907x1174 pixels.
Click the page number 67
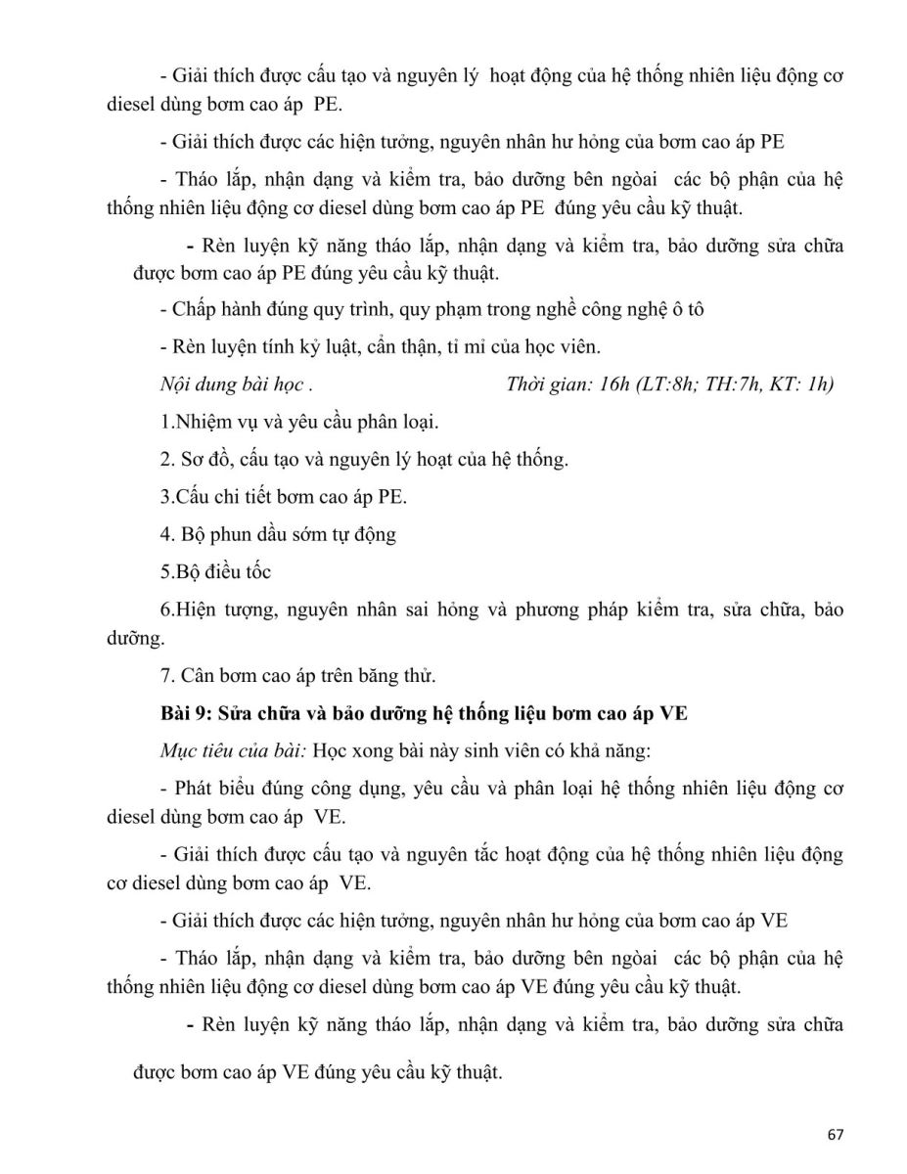pos(835,1135)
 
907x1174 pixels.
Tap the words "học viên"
pos(567,347)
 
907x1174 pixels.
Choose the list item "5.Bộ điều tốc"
pos(215,571)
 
